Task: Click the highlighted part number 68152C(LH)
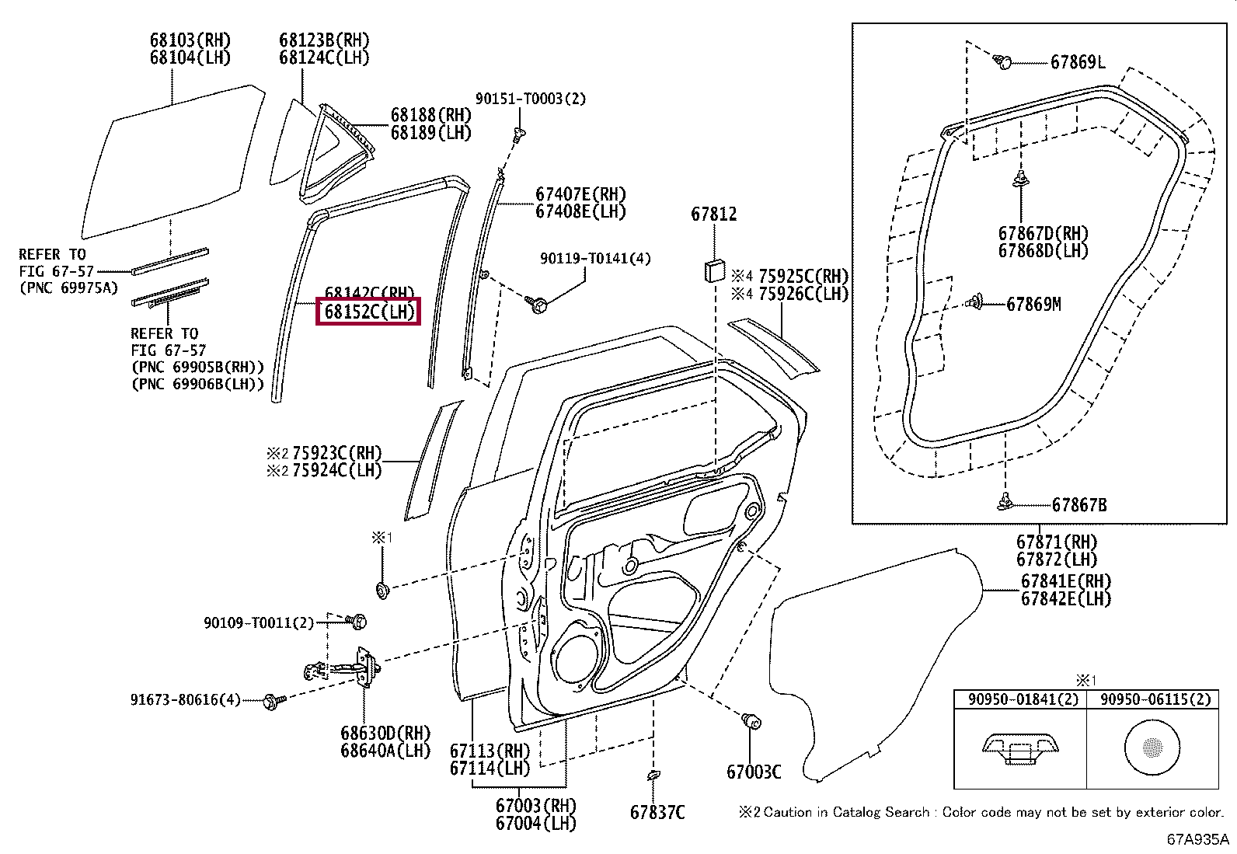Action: [x=368, y=312]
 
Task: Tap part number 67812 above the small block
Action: [x=713, y=214]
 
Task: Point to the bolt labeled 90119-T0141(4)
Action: [x=536, y=300]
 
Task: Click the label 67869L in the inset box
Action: [x=1078, y=62]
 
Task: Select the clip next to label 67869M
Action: [x=977, y=303]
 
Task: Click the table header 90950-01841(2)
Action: [x=1019, y=699]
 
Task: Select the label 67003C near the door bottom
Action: [x=754, y=771]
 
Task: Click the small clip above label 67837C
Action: [x=652, y=776]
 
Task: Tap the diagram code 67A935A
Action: [x=1197, y=840]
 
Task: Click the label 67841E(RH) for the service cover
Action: [x=1066, y=580]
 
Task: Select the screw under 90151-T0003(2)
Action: [x=517, y=136]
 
